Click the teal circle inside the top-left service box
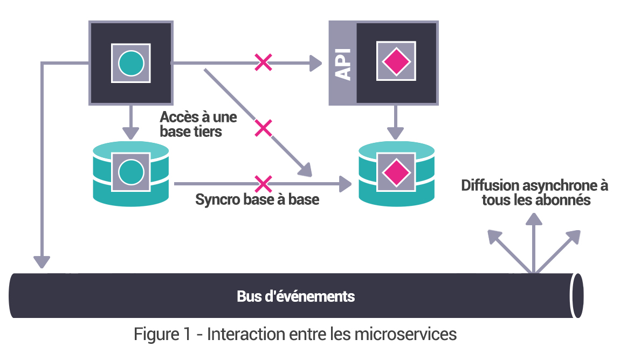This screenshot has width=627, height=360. [131, 63]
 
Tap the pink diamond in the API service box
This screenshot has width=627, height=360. [396, 62]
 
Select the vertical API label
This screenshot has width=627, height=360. [342, 63]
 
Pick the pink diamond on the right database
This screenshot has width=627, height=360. [396, 172]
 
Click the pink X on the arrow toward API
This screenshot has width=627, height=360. [263, 63]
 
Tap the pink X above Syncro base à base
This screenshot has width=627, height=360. [263, 184]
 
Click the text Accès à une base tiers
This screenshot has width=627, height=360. [198, 123]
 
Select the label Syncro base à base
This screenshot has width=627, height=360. [257, 199]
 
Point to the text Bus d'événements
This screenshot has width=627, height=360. [295, 296]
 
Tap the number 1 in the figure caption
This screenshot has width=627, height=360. [184, 334]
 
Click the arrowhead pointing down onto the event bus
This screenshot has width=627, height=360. [42, 261]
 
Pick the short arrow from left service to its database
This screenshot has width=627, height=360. [131, 122]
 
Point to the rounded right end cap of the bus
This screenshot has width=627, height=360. [577, 295]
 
